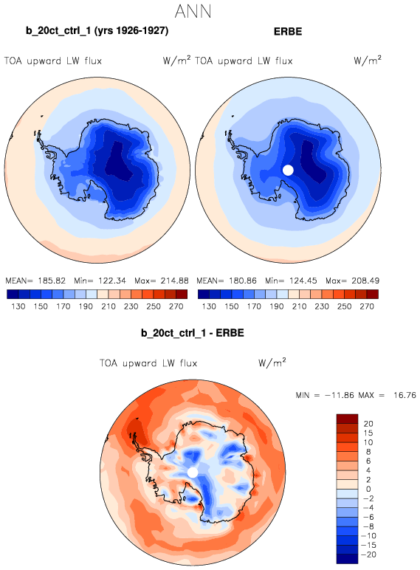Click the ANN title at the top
tap(193, 12)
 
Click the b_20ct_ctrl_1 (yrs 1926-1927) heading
tap(97, 31)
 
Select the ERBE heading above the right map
tap(288, 32)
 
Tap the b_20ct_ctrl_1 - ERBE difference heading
tap(193, 333)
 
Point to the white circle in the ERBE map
tap(288, 170)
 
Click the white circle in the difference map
tap(193, 473)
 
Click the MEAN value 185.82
tap(52, 281)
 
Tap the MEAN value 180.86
tap(243, 281)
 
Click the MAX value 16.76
tap(404, 395)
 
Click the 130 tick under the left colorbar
tap(18, 306)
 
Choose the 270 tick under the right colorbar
tap(367, 306)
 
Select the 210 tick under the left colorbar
tap(109, 306)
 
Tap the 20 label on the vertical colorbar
tap(368, 424)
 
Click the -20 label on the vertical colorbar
tap(370, 554)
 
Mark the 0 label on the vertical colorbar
tap(368, 489)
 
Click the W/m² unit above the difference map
tap(272, 363)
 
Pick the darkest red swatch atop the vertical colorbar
tap(348, 419)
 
